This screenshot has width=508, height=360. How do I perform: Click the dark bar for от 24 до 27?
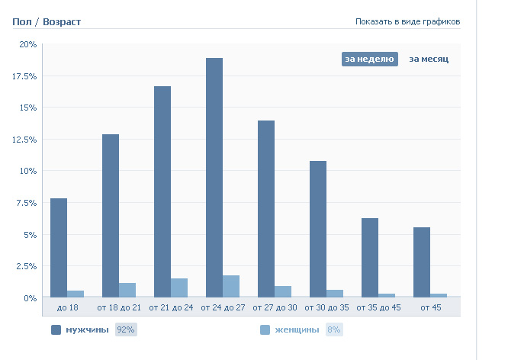(x=214, y=177)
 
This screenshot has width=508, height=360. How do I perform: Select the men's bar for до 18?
(x=59, y=247)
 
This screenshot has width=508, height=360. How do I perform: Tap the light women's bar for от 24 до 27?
(x=231, y=286)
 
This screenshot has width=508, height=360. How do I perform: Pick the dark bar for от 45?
(x=422, y=262)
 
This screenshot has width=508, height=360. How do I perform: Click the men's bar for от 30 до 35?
(x=318, y=229)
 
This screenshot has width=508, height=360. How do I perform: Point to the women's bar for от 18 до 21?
(x=127, y=290)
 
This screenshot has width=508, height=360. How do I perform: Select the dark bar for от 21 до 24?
(x=162, y=191)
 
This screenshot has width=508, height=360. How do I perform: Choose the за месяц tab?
(x=429, y=59)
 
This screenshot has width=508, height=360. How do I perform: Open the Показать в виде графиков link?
(x=407, y=21)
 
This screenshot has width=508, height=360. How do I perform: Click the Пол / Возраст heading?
(x=47, y=21)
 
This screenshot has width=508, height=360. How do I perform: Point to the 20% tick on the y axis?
(x=28, y=44)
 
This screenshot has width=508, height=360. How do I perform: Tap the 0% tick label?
(x=30, y=298)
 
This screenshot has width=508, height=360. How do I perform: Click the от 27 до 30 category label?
(x=276, y=307)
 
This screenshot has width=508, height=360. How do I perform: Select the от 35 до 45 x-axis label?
(x=379, y=307)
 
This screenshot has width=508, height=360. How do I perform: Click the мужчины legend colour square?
(x=56, y=330)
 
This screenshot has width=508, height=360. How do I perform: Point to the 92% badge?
(x=125, y=330)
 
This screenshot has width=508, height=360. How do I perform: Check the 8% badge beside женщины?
(x=333, y=330)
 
